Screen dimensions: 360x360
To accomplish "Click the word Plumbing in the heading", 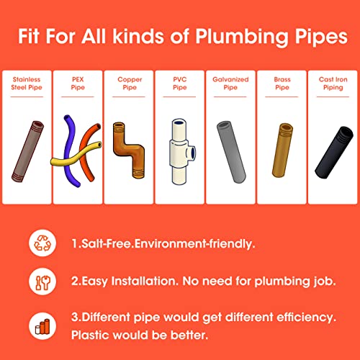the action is (242, 37).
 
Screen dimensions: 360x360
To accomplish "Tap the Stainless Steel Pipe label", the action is (27, 84).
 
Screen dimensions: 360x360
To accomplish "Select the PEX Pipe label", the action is (78, 84).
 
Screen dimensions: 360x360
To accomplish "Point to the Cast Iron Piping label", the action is (333, 84).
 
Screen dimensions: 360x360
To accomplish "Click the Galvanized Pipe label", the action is (230, 84).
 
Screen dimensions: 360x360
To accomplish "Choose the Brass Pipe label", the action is (282, 84).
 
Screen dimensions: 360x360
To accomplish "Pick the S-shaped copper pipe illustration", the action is (128, 149).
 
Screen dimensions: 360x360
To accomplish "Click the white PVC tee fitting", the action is (181, 152).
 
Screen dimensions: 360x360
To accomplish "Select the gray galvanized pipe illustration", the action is (231, 152).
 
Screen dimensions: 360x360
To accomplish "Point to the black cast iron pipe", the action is (334, 152).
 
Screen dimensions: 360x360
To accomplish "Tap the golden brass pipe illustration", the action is (282, 150).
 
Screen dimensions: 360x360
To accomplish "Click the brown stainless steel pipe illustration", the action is (28, 151).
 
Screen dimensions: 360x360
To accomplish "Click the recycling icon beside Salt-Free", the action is (42, 243).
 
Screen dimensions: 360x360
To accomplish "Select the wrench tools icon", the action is (42, 282).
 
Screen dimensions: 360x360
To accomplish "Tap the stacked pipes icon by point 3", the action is (42, 326).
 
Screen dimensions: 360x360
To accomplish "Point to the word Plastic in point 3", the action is (90, 335).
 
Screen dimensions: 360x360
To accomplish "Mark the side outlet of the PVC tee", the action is (192, 153).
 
